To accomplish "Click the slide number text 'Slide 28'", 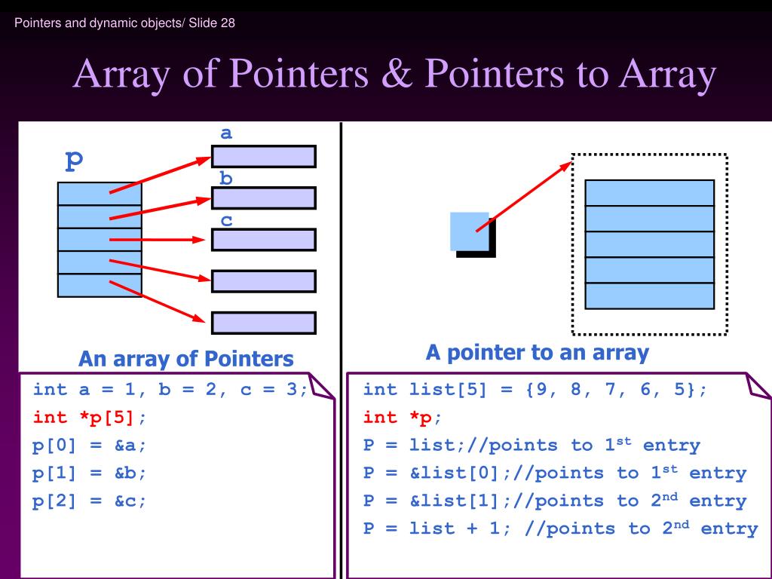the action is pyautogui.click(x=212, y=23).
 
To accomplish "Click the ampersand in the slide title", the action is pyautogui.click(x=397, y=73).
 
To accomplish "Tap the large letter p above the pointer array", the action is pyautogui.click(x=75, y=160).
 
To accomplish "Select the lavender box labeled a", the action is pyautogui.click(x=264, y=157).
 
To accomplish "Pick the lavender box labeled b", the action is pyautogui.click(x=264, y=198).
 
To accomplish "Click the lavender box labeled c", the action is pyautogui.click(x=264, y=240).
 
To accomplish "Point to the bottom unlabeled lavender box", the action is pyautogui.click(x=264, y=323).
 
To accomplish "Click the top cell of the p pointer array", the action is pyautogui.click(x=100, y=194).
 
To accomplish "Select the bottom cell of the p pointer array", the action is pyautogui.click(x=100, y=286).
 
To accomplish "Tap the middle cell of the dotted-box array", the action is pyautogui.click(x=649, y=244).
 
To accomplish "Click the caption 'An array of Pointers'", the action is pyautogui.click(x=186, y=359).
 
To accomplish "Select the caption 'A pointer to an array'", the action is pyautogui.click(x=538, y=353).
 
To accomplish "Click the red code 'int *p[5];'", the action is pyautogui.click(x=90, y=418).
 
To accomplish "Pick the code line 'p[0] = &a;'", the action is pyautogui.click(x=90, y=446).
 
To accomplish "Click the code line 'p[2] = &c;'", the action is pyautogui.click(x=90, y=501).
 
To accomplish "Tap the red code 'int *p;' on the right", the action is pyautogui.click(x=403, y=418).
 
